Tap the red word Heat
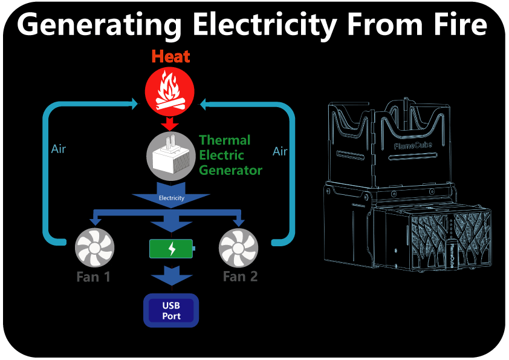(x=170, y=57)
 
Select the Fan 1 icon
(x=94, y=249)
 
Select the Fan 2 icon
(x=239, y=249)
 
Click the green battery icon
(x=172, y=249)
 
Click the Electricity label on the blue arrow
(x=171, y=198)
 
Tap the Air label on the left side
(x=58, y=148)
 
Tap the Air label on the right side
(x=280, y=151)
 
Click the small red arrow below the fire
(x=170, y=123)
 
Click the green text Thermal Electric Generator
(x=224, y=155)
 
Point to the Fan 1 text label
(x=94, y=277)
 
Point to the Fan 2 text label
(x=240, y=277)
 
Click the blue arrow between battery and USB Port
(x=171, y=278)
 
